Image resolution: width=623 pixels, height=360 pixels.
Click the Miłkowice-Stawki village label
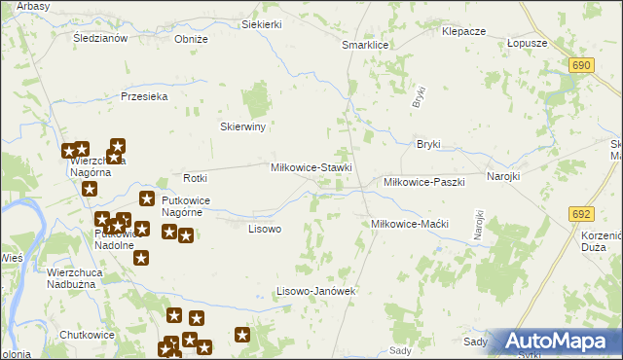pos(311,167)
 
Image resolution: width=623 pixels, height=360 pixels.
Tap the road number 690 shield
pos(582,64)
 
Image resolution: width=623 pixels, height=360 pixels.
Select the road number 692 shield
pos(582,213)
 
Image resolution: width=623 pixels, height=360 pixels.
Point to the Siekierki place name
pos(262,23)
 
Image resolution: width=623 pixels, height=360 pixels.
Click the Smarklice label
pos(366,45)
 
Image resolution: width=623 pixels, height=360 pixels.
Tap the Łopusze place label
pos(528,44)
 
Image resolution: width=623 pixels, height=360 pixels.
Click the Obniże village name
pos(191,39)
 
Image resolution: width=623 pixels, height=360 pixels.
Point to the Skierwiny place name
pos(243,126)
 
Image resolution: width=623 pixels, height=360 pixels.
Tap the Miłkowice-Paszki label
pos(424,182)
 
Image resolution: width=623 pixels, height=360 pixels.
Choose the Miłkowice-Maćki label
pos(410,224)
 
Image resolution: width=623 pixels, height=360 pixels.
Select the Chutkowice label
pos(88,335)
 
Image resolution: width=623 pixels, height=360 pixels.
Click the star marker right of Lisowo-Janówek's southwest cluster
pos(242,336)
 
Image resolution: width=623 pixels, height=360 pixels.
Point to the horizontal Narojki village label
pos(503,177)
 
